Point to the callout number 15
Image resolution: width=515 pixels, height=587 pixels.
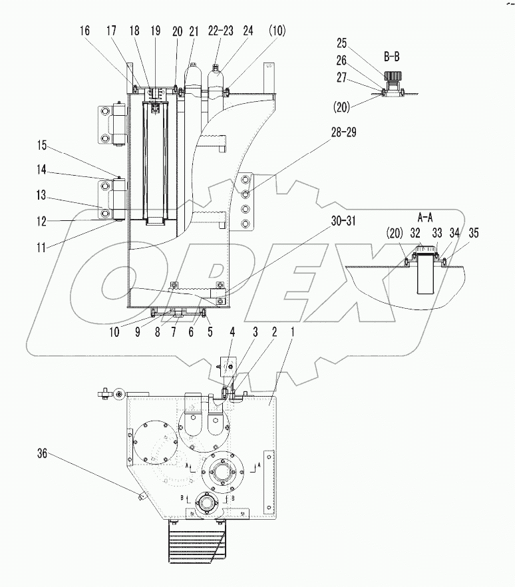click(x=43, y=144)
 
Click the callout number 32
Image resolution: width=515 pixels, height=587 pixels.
click(x=415, y=234)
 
